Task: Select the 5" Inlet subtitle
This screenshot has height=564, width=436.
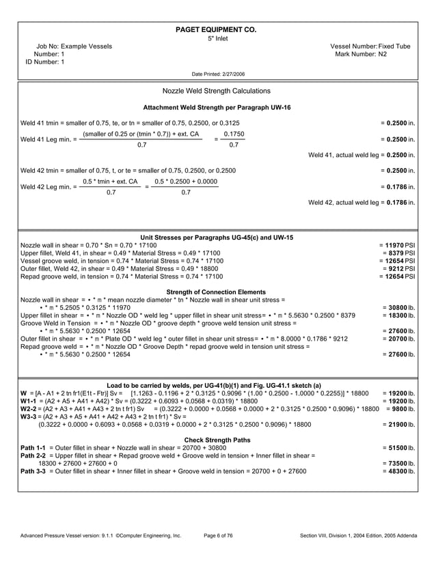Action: (217, 38)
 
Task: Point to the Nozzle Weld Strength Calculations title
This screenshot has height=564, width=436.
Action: (217, 91)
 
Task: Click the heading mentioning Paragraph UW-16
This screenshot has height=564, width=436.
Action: (217, 108)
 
